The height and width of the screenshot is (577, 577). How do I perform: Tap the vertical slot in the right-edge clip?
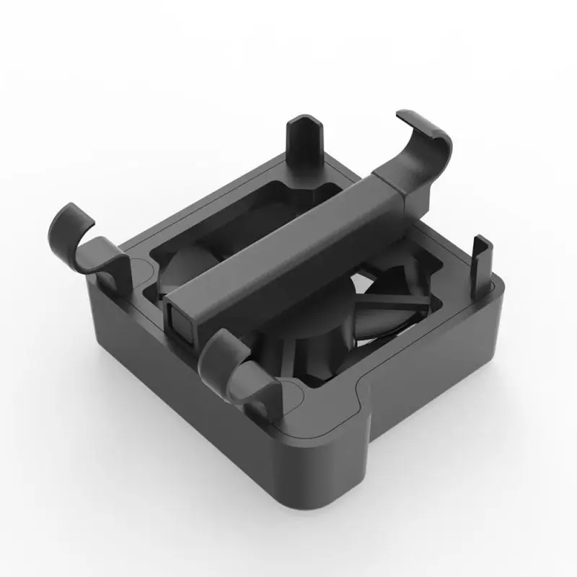click(x=480, y=263)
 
